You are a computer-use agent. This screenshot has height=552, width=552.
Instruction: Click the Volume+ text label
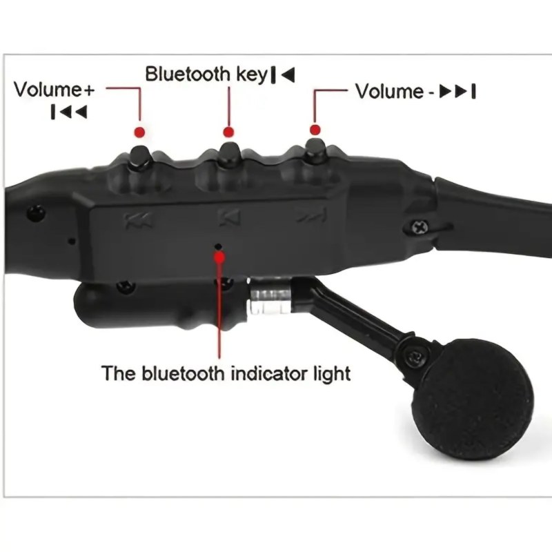coord(55,90)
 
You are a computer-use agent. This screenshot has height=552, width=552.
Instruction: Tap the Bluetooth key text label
coord(206,75)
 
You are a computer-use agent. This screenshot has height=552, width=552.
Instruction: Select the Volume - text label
coord(395,92)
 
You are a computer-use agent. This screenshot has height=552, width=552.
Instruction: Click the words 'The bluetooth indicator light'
coord(226,373)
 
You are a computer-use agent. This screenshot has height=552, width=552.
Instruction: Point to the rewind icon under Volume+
coord(69,112)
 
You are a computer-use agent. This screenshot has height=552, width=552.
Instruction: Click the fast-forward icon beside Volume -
coord(457,92)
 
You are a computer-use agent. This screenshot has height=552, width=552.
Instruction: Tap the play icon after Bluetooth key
coord(283,75)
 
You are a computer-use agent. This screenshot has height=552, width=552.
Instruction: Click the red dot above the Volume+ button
coord(139,132)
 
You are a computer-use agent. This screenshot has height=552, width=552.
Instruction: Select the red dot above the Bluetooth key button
coord(228,132)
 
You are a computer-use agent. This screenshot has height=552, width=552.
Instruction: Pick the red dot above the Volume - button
coord(315,130)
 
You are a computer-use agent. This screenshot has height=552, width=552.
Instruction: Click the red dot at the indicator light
coord(220,257)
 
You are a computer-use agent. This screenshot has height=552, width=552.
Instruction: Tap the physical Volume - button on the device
coord(315,150)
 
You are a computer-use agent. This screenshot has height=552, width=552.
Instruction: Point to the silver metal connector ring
coord(270,295)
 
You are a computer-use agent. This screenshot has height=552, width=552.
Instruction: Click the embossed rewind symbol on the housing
coord(139,221)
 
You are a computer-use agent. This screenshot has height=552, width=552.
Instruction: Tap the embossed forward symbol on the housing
coord(311,215)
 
